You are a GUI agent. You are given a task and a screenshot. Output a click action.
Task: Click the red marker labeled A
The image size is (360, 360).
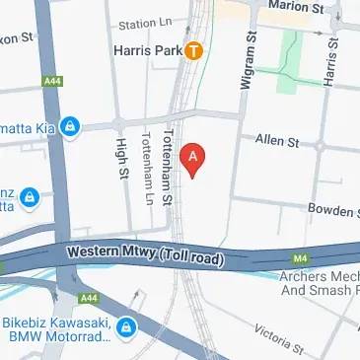click(x=194, y=156)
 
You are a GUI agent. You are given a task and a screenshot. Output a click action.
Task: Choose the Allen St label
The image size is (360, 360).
click(x=276, y=143)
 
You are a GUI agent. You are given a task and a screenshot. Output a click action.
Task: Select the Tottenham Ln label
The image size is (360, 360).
click(x=147, y=169)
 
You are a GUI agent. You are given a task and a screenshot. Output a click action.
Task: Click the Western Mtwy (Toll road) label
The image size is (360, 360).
click(x=146, y=254)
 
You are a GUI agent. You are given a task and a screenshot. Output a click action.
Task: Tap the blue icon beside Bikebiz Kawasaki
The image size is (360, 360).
click(x=126, y=327)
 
